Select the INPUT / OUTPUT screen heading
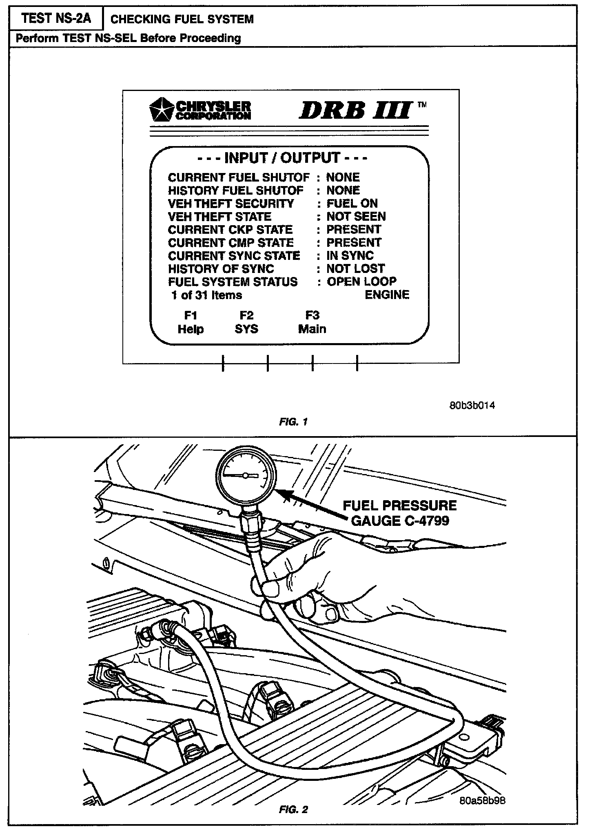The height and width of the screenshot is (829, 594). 282,158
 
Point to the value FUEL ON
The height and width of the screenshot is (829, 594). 352,203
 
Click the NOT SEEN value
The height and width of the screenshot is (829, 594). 356,216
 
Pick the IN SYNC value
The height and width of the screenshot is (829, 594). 350,255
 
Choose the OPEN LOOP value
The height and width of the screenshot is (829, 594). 361,282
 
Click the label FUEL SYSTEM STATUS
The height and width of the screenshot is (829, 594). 233,282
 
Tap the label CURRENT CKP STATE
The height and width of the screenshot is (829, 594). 230,230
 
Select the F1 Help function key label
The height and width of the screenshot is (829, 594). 191,322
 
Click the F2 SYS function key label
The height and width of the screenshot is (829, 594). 246,322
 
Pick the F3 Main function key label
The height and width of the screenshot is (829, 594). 312,322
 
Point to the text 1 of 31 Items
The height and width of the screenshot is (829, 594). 207,295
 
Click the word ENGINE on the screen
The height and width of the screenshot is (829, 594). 387,295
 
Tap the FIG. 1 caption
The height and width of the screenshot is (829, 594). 293,422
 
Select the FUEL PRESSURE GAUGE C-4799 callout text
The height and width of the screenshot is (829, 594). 400,513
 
